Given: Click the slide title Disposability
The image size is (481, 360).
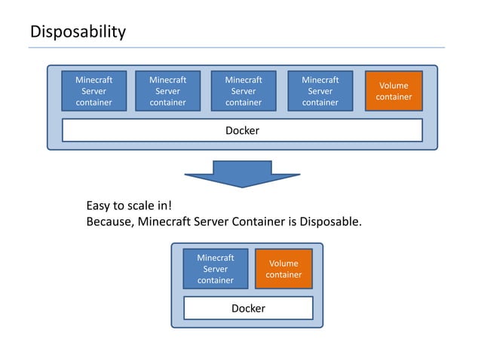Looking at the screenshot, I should pyautogui.click(x=78, y=32).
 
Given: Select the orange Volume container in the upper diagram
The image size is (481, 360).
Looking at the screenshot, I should pyautogui.click(x=394, y=91).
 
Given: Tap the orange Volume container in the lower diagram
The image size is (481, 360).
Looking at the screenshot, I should pyautogui.click(x=283, y=269).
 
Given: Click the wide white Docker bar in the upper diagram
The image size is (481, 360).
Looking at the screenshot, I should pyautogui.click(x=242, y=130).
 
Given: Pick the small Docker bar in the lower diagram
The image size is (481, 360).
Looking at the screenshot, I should pyautogui.click(x=248, y=308).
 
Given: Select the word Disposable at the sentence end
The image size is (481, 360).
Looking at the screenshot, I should pyautogui.click(x=330, y=222).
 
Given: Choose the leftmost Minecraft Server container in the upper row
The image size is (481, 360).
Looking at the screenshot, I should pyautogui.click(x=93, y=91).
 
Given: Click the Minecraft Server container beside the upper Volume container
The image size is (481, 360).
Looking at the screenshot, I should pyautogui.click(x=320, y=91).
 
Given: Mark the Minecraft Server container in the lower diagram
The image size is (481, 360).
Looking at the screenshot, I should pyautogui.click(x=215, y=269).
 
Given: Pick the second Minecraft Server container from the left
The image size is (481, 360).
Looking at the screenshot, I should pyautogui.click(x=167, y=91).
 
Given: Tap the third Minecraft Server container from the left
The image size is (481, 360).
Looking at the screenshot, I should pyautogui.click(x=244, y=91).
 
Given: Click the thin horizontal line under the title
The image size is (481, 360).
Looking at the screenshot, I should pyautogui.click(x=236, y=47).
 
